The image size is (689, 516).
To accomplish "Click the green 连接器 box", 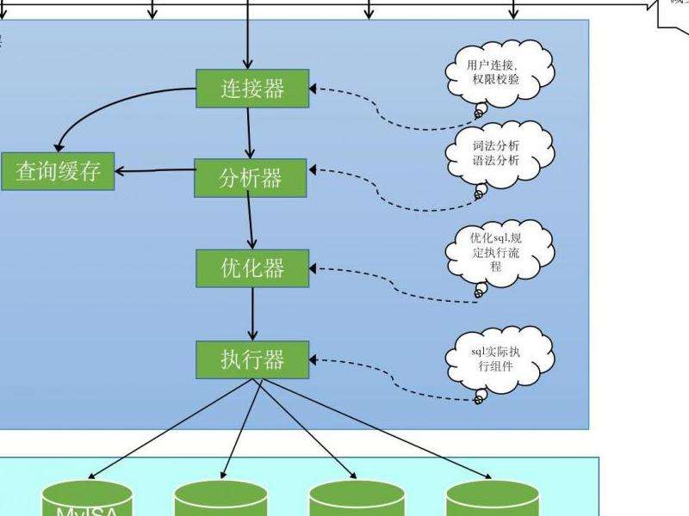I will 252,89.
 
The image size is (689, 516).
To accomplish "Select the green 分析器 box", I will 251,178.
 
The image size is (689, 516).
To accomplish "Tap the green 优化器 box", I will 252,268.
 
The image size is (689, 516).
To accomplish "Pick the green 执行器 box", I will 252,359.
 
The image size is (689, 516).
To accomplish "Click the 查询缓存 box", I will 58,171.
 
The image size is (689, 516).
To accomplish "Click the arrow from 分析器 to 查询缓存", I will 155,170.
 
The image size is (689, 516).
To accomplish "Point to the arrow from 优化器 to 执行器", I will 253,314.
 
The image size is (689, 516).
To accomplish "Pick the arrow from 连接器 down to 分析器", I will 249,133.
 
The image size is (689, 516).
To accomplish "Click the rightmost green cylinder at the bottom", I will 493,500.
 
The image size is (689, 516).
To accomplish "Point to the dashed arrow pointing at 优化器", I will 388,288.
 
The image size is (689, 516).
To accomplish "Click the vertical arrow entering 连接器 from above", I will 248,34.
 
